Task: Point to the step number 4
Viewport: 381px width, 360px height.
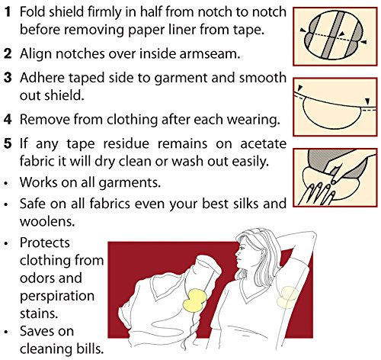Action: (x=6, y=119)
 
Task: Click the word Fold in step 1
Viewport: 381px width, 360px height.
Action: (x=34, y=13)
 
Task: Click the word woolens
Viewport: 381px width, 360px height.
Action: (x=49, y=221)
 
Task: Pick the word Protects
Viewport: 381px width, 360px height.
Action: (x=47, y=244)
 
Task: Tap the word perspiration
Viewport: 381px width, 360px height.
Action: (x=57, y=295)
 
